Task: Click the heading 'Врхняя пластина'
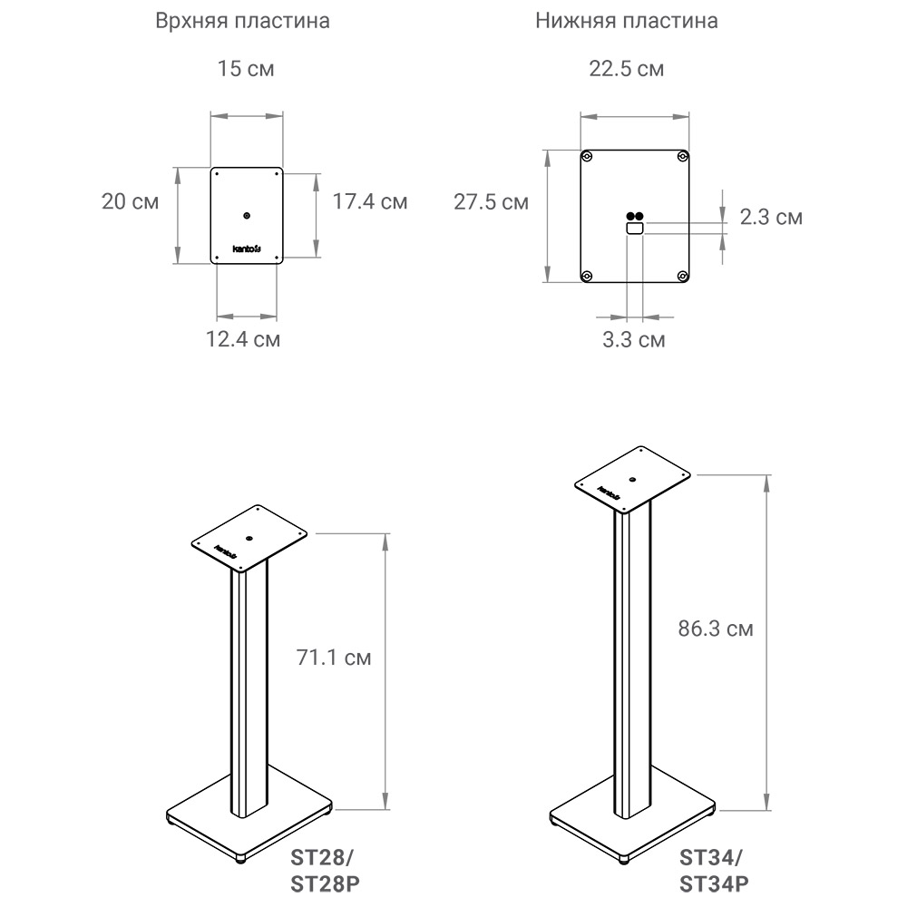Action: point(242,21)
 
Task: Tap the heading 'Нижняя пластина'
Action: point(627,21)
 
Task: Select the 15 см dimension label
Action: point(246,68)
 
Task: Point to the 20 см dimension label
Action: point(130,201)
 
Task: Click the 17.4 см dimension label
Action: point(370,201)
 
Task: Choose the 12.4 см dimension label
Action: point(243,339)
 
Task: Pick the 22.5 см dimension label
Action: point(627,69)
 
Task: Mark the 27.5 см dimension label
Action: point(491,202)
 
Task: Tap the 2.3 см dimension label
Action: point(771,217)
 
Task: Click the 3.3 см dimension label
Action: point(634,339)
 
